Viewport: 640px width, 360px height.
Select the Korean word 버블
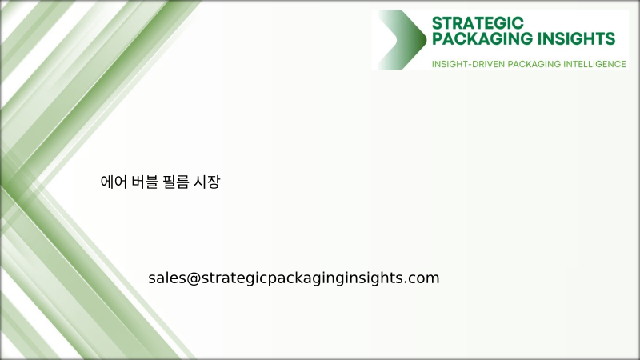142,182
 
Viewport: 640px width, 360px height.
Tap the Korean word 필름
175,182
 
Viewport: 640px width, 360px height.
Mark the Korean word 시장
207,182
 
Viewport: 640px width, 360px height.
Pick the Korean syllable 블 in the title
150,182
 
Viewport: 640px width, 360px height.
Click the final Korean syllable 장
214,182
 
